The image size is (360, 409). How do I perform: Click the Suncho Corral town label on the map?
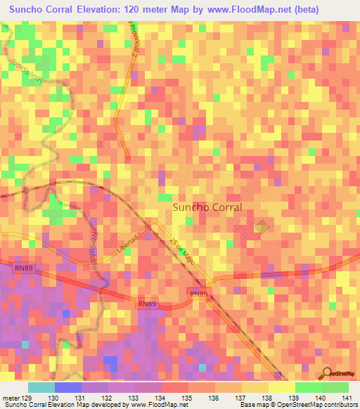(207, 208)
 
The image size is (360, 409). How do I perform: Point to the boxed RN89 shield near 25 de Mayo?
(200, 293)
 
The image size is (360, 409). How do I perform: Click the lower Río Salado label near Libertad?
(94, 242)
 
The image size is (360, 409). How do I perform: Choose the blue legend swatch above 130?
(68, 387)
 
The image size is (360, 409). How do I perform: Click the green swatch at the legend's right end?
(335, 387)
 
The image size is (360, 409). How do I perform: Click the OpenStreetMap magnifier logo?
(326, 374)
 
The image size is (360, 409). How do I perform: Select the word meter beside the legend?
(10, 398)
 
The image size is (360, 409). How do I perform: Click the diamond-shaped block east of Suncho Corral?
(262, 226)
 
